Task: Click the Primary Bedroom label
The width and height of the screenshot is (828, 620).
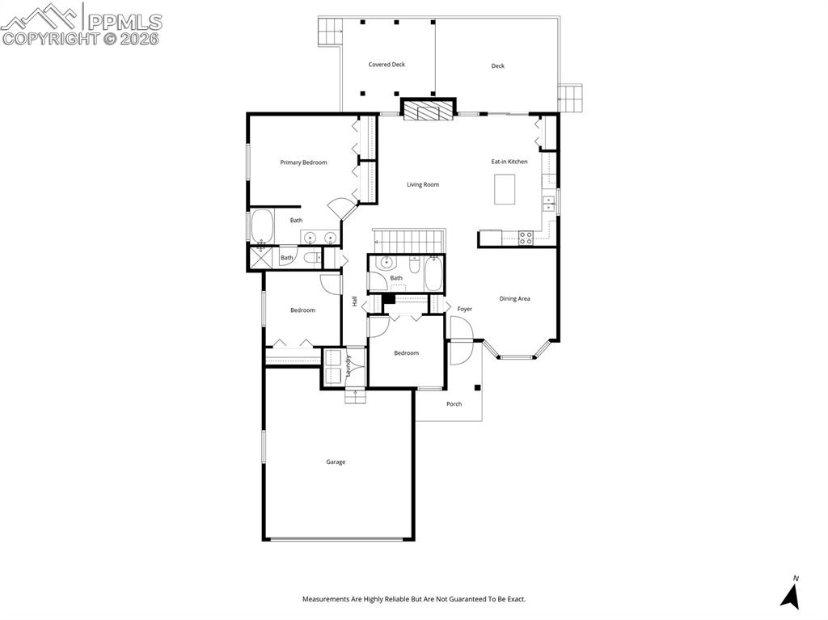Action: (x=303, y=162)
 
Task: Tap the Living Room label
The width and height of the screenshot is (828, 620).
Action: (x=423, y=184)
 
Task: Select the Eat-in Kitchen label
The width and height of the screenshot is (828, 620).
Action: (x=509, y=162)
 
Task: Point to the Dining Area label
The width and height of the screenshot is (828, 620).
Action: (x=514, y=299)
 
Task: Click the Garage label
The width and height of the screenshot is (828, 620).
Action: (x=336, y=462)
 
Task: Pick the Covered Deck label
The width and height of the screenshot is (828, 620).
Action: (x=387, y=65)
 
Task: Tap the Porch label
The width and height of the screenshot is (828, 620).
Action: (x=454, y=404)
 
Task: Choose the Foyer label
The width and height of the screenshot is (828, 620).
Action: (x=465, y=309)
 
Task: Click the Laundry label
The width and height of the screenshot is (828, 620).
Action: (x=349, y=366)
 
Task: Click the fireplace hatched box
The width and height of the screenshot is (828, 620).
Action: (x=429, y=111)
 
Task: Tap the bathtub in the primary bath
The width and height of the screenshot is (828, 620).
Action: (x=262, y=226)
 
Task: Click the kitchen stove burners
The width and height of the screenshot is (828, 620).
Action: (x=526, y=238)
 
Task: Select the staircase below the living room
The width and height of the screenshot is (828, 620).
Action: (x=409, y=240)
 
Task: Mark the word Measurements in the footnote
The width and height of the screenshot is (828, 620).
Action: (x=328, y=599)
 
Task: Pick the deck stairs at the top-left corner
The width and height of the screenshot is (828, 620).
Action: (x=330, y=32)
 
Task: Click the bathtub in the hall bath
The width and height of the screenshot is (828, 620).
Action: (x=434, y=275)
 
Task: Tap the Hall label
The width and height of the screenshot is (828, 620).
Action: (x=354, y=301)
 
